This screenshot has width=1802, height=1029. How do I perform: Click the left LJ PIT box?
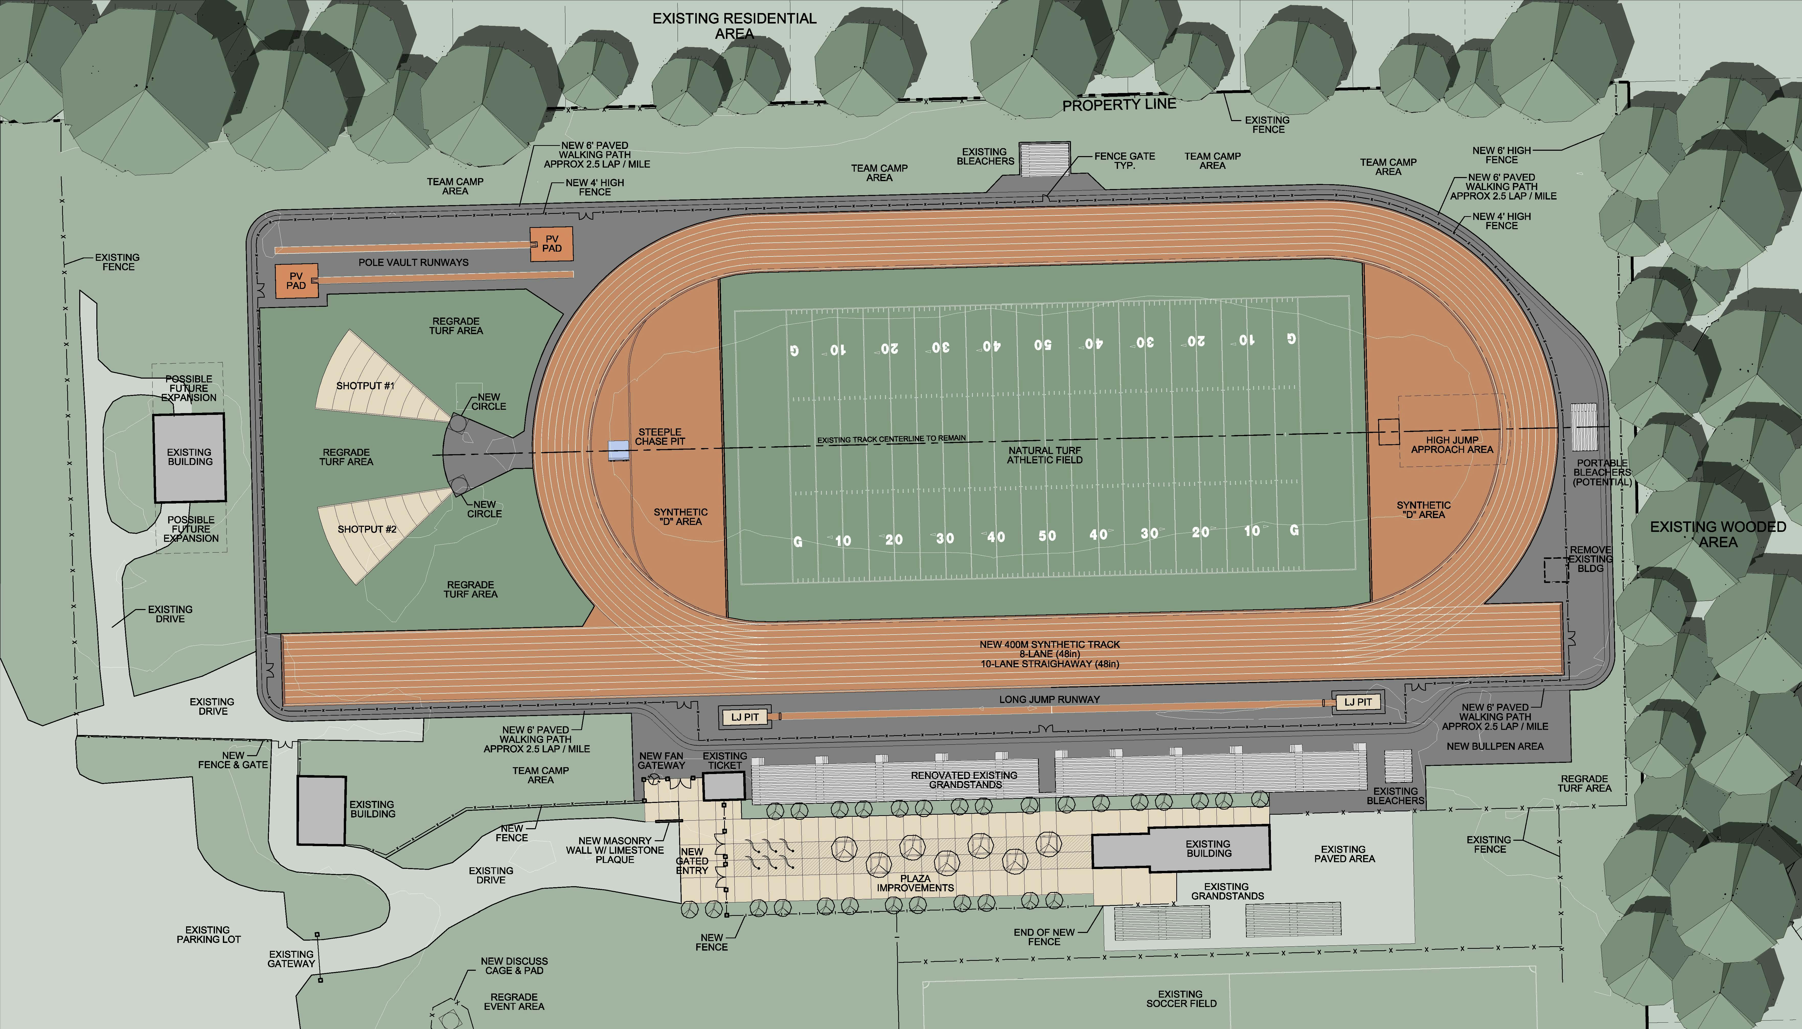coord(745,717)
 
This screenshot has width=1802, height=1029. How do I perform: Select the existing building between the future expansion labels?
coord(189,457)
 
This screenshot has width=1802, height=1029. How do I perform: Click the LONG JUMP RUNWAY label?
coord(1049,699)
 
